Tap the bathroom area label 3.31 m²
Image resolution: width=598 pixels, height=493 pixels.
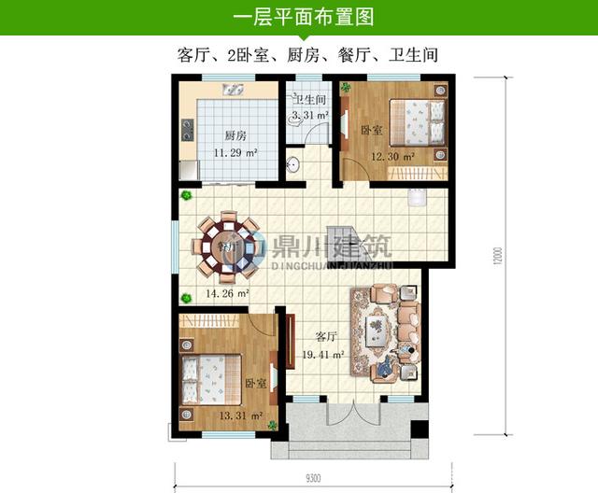(x=309, y=116)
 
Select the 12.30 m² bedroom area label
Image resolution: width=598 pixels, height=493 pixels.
(x=393, y=156)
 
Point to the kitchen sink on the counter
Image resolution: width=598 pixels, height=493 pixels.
(x=233, y=92)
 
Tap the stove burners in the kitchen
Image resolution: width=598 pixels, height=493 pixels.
(x=188, y=129)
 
